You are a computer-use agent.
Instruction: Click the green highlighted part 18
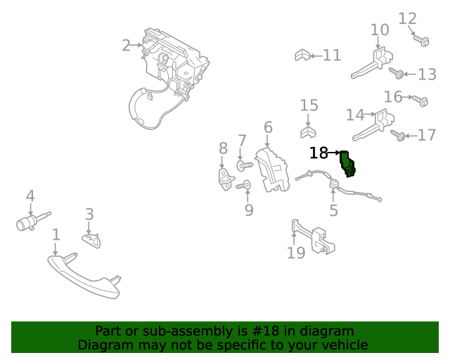[x=347, y=164]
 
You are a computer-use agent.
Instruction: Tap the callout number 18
[x=319, y=153]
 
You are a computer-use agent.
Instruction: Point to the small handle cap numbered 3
[x=91, y=240]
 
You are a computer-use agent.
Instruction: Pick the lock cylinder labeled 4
[x=27, y=224]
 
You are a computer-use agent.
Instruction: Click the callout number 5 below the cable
[x=333, y=210]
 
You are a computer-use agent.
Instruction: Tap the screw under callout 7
[x=243, y=166]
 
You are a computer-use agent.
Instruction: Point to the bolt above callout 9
[x=245, y=186]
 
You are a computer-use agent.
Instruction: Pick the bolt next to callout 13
[x=396, y=72]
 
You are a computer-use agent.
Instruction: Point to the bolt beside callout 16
[x=420, y=101]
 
